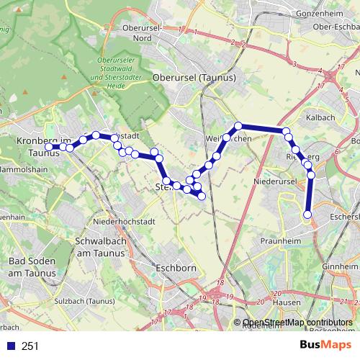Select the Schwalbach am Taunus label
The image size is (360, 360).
[x=100, y=248]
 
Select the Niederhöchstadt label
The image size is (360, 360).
[x=119, y=222]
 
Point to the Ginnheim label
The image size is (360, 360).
[x=341, y=266]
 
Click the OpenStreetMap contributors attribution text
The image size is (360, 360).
[x=297, y=323]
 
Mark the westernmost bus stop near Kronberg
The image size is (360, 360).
[x=49, y=147]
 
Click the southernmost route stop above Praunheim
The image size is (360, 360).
[x=307, y=214]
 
